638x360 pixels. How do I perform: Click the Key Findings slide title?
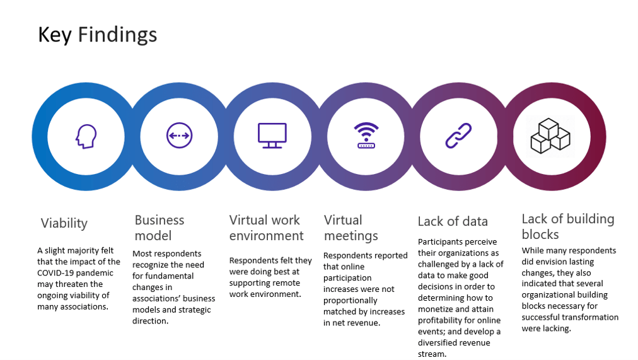click(x=97, y=35)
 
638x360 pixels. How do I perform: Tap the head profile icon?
click(x=85, y=136)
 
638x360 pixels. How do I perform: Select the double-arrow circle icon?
click(x=179, y=136)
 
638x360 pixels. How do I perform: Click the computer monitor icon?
click(x=272, y=136)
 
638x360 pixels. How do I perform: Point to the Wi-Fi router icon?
click(x=366, y=136)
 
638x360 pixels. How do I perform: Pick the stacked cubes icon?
click(x=550, y=136)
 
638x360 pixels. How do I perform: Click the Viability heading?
click(x=64, y=223)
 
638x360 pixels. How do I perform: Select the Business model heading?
click(x=159, y=228)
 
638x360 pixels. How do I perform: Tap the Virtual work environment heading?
click(x=266, y=228)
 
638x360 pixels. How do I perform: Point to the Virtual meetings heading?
click(x=351, y=228)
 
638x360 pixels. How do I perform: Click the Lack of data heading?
click(x=453, y=221)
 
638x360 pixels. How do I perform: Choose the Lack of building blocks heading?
click(x=567, y=226)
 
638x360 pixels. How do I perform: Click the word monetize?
click(x=435, y=308)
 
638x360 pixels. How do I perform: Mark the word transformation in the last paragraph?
click(x=591, y=317)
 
